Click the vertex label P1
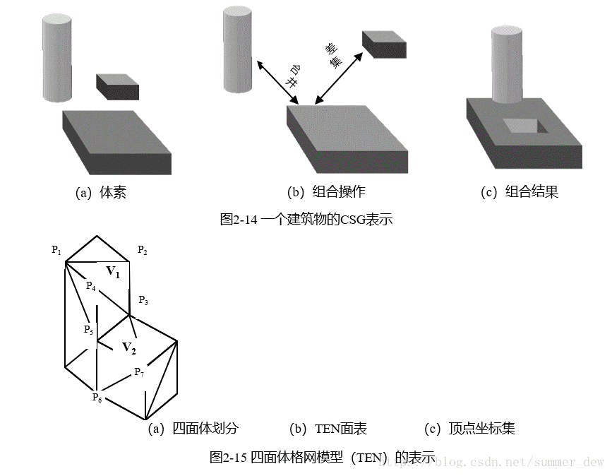(x=56, y=250)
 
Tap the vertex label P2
(x=143, y=251)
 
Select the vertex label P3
(x=143, y=300)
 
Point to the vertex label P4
(x=90, y=285)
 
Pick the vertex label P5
(x=88, y=330)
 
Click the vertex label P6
(x=97, y=398)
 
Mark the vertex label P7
(x=140, y=372)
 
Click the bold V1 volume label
(x=113, y=270)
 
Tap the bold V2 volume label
(x=128, y=347)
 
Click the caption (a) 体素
(x=101, y=192)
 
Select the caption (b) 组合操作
(x=326, y=192)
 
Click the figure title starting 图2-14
(x=306, y=220)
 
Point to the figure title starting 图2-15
(x=322, y=457)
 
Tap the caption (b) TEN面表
(x=328, y=429)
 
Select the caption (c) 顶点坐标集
(x=469, y=429)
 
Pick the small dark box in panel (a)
(x=118, y=86)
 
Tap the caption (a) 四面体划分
(x=193, y=429)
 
